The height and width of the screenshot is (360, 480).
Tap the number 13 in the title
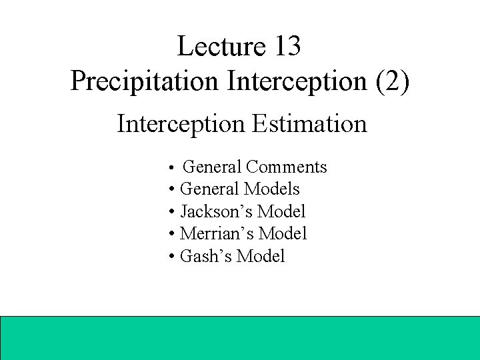pos(286,46)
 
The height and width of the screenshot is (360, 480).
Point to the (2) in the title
pos(394,81)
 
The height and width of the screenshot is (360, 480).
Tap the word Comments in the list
pos(286,167)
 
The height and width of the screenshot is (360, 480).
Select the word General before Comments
pos(212,167)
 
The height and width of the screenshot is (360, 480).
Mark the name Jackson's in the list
pos(216,212)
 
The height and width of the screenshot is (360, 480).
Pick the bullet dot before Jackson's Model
pos(173,213)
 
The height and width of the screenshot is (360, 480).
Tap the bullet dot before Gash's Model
pos(173,257)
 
